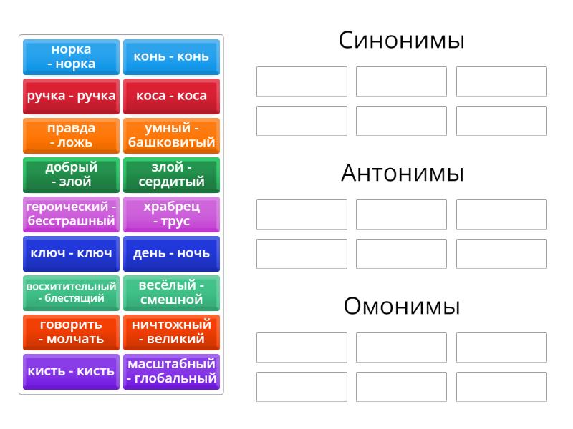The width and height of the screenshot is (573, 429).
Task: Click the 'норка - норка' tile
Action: coord(71,57)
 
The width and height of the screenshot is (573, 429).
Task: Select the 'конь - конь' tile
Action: coord(171,57)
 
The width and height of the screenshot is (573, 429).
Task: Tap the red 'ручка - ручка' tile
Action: coord(71,97)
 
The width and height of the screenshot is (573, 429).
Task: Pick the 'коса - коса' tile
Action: coord(171,97)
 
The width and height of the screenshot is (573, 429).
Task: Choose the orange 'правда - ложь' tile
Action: coord(71,136)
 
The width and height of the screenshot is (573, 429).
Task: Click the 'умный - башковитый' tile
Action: coord(171,136)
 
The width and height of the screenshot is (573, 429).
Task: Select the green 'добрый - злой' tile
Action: coord(71,175)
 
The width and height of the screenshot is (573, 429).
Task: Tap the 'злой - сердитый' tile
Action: coord(171,175)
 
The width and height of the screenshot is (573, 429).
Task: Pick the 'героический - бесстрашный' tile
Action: coord(71,214)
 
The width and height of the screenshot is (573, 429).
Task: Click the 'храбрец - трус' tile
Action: coord(171,214)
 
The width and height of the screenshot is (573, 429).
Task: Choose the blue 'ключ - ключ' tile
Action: coord(71,254)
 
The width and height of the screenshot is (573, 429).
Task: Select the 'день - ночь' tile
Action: coord(171,254)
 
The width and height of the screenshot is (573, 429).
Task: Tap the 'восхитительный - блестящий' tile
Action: coord(71,293)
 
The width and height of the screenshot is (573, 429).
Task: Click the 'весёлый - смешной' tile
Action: coord(171,293)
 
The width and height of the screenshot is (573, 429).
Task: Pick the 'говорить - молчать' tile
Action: coord(71,332)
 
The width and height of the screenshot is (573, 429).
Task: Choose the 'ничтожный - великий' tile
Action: coord(171,332)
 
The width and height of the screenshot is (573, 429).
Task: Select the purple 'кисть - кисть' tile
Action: coord(71,372)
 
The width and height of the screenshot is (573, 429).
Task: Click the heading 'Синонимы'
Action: coord(402,40)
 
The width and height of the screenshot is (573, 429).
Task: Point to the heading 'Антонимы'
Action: coord(403,173)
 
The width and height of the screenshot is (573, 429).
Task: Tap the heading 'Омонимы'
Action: coord(402,306)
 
